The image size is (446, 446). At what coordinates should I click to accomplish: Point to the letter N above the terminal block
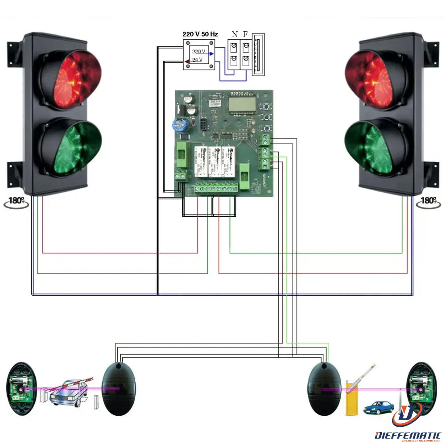(x=235, y=34)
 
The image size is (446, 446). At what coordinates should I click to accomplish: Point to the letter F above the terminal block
(x=245, y=34)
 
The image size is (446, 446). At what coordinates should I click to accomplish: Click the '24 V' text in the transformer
(x=198, y=60)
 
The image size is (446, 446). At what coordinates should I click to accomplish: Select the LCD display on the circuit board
(x=242, y=105)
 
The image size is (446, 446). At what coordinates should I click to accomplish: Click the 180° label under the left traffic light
(x=17, y=201)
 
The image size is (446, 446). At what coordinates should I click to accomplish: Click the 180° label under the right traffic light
(x=429, y=201)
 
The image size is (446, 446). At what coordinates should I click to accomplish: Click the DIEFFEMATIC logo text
(x=408, y=435)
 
